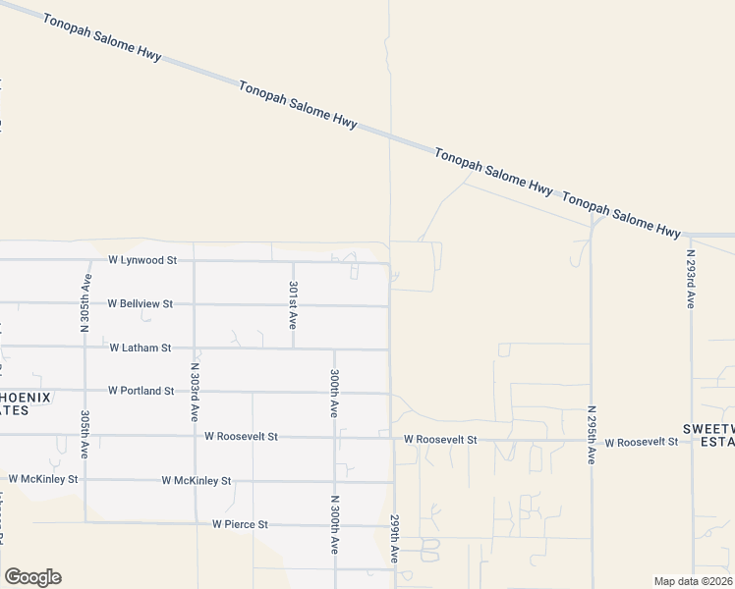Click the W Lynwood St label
(142, 260)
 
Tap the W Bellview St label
(141, 304)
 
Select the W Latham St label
(141, 348)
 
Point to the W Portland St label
(141, 391)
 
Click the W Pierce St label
(240, 524)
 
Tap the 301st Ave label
(292, 304)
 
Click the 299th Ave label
(395, 539)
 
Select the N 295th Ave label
(592, 434)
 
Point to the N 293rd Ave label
(691, 280)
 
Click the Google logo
(32, 577)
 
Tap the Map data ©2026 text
(693, 581)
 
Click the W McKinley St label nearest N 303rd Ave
(197, 481)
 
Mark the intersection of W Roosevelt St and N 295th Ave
(592, 441)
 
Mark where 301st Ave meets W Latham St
(293, 348)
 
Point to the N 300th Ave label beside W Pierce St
(335, 529)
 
